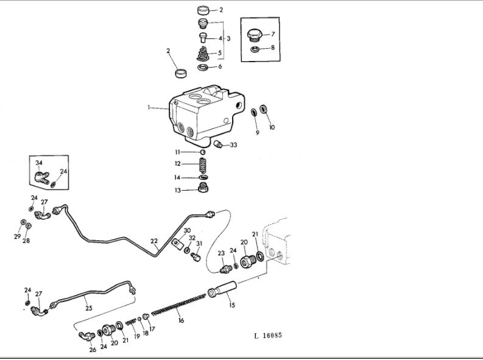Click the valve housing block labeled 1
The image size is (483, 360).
pyautogui.click(x=201, y=113)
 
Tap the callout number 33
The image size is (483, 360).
pyautogui.click(x=233, y=145)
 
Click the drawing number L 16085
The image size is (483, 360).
pyautogui.click(x=268, y=335)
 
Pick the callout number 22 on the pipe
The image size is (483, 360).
pyautogui.click(x=154, y=241)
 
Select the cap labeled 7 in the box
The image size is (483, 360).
pyautogui.click(x=255, y=35)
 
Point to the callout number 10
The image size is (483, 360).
pyautogui.click(x=272, y=128)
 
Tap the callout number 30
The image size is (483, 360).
pyautogui.click(x=187, y=231)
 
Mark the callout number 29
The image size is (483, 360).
pyautogui.click(x=17, y=236)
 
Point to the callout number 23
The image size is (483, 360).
pyautogui.click(x=220, y=253)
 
